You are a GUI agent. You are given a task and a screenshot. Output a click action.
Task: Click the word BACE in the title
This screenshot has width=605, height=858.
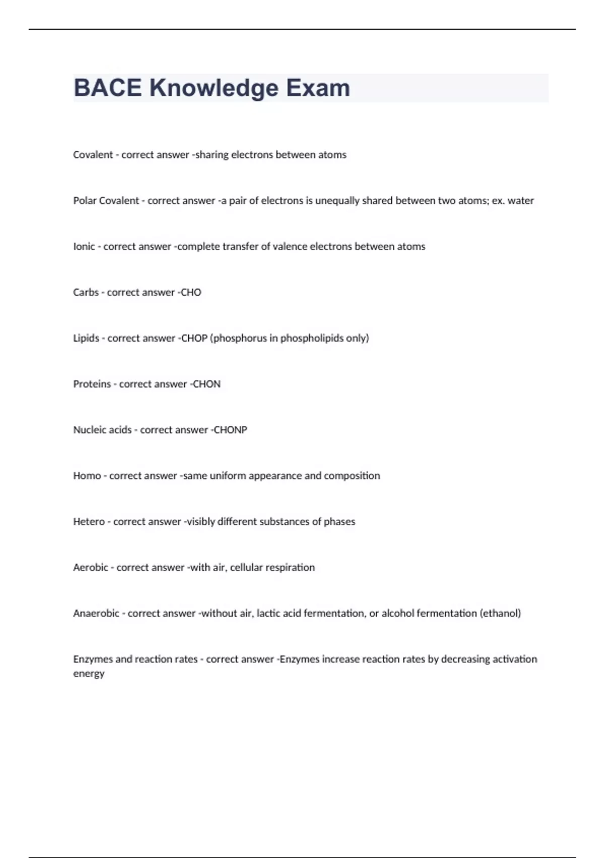click(107, 88)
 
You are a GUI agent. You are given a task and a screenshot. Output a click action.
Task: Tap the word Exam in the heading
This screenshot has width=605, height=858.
click(318, 88)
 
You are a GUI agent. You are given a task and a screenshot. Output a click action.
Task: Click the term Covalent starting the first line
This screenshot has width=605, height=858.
click(93, 155)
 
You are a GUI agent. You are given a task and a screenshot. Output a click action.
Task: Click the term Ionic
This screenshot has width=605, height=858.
click(84, 247)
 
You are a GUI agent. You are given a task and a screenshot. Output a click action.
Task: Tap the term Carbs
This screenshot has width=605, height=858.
click(86, 293)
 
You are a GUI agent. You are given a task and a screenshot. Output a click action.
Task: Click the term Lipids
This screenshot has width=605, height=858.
click(86, 338)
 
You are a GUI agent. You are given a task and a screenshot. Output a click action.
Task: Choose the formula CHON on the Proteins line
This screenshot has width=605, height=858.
click(207, 384)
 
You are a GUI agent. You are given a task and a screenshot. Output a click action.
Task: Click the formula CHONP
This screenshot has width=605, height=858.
click(230, 430)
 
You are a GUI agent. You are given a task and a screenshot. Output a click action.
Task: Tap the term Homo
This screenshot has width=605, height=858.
click(87, 476)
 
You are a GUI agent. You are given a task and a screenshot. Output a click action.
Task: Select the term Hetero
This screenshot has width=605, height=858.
click(89, 522)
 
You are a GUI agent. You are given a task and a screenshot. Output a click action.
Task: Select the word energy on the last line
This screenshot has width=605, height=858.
click(89, 674)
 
